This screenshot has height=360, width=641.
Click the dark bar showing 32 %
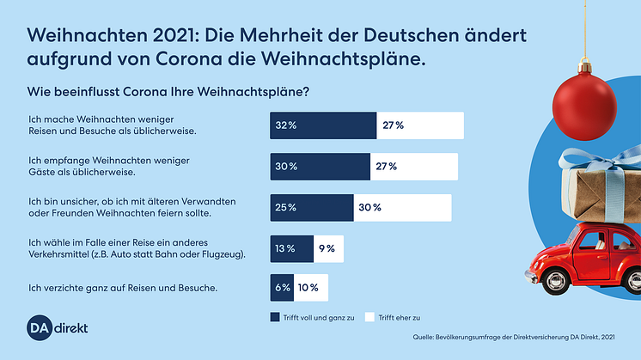tap(323, 125)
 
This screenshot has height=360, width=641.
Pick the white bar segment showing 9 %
tap(329, 248)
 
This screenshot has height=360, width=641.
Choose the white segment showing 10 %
tap(310, 288)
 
